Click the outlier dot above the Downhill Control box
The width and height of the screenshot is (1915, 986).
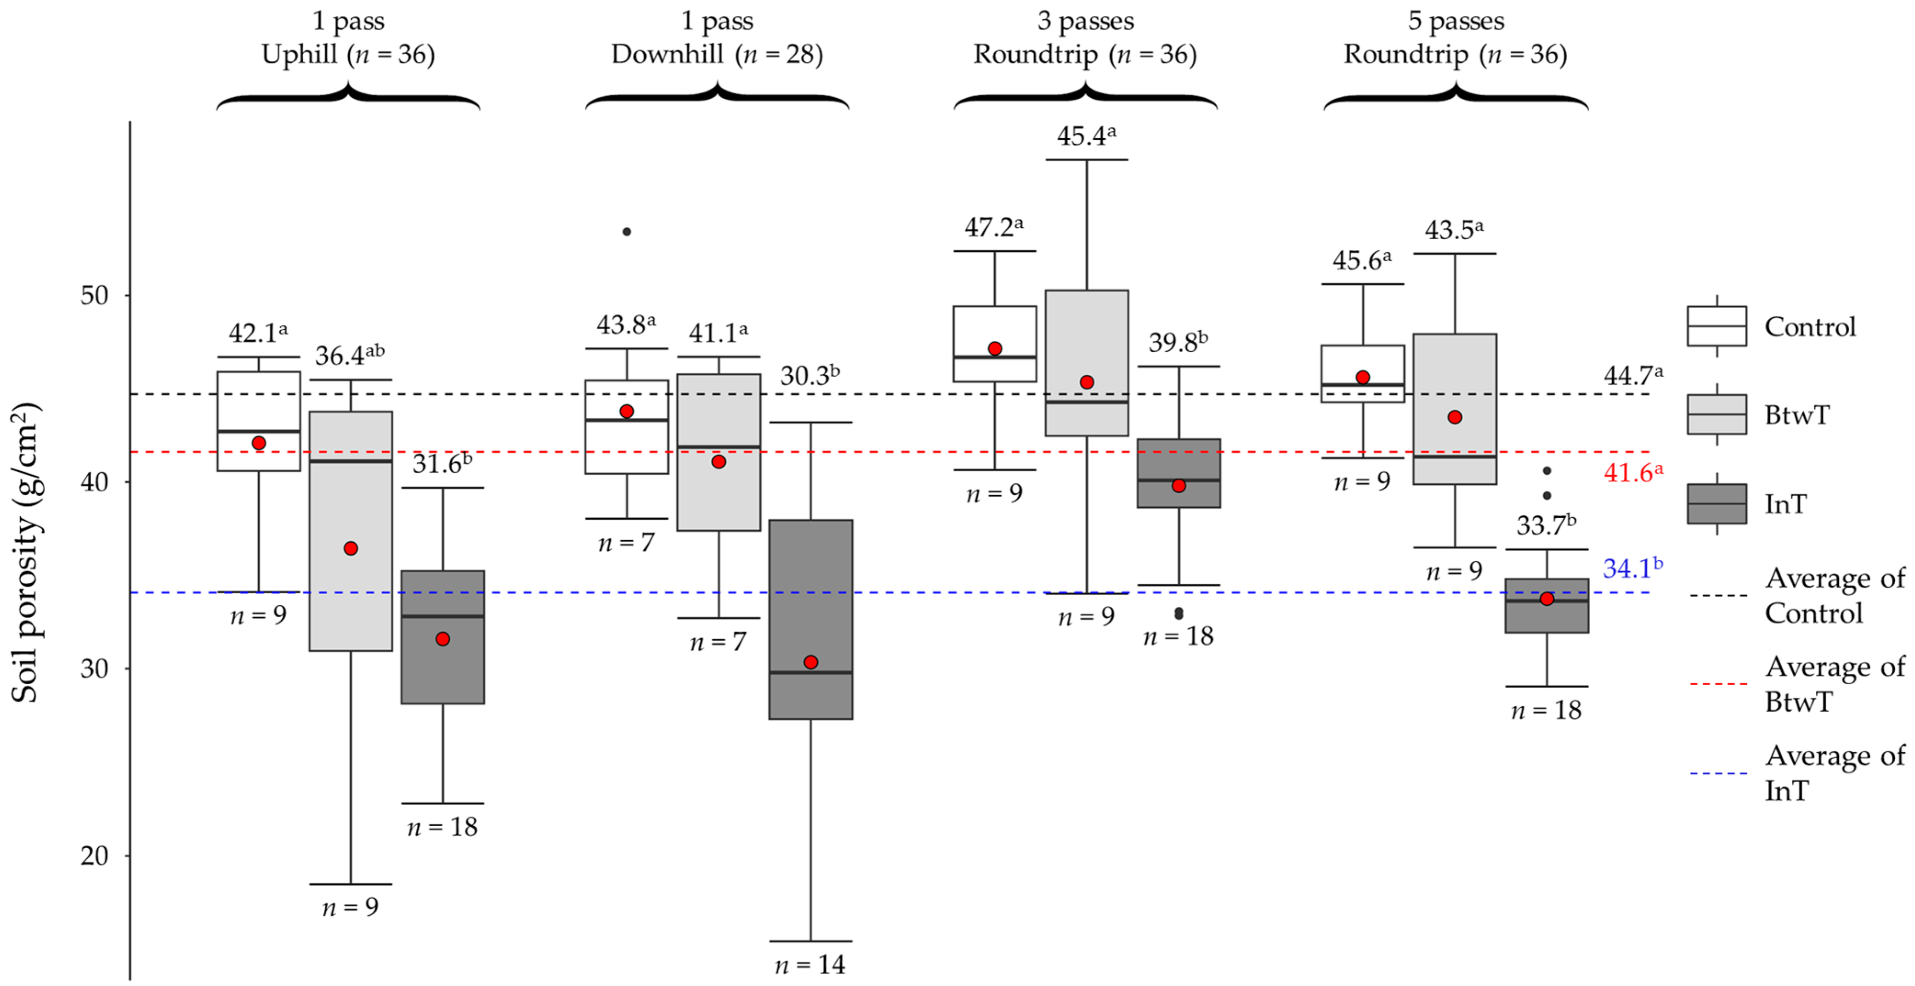pyautogui.click(x=627, y=232)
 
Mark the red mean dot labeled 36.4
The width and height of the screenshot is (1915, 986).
pyautogui.click(x=351, y=548)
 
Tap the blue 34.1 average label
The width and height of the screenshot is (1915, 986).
pyautogui.click(x=1632, y=569)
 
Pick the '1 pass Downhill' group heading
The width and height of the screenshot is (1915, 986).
pyautogui.click(x=717, y=37)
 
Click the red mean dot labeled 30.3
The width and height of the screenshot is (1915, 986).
pyautogui.click(x=810, y=662)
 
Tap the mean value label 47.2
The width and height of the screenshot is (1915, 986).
pyautogui.click(x=993, y=226)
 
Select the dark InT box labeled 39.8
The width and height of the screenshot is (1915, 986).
pyautogui.click(x=1178, y=473)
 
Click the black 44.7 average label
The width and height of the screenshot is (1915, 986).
pyautogui.click(x=1632, y=375)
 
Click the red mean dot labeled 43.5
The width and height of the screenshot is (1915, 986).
pyautogui.click(x=1455, y=417)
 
